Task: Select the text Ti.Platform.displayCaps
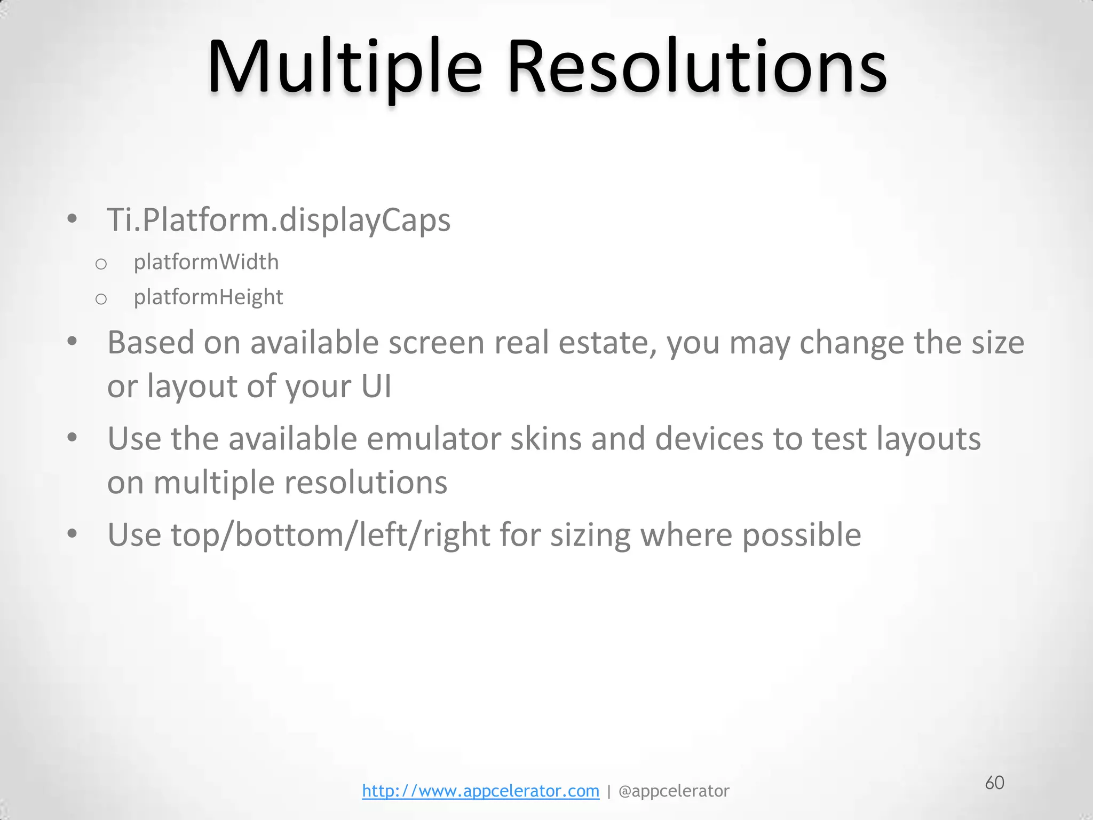[x=279, y=219]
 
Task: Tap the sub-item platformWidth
[x=206, y=262]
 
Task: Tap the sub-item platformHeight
[x=208, y=297]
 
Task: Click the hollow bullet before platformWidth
[x=101, y=264]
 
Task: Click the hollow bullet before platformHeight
[x=101, y=299]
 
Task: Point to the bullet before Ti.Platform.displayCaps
[x=73, y=219]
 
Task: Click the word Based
[x=151, y=342]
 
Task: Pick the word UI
[x=376, y=386]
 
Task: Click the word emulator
[x=433, y=439]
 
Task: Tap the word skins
[x=545, y=439]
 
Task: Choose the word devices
[x=709, y=439]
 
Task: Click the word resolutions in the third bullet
[x=366, y=483]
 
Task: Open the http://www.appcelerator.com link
[x=480, y=791]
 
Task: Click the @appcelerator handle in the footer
[x=674, y=791]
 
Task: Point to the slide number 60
[x=994, y=783]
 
